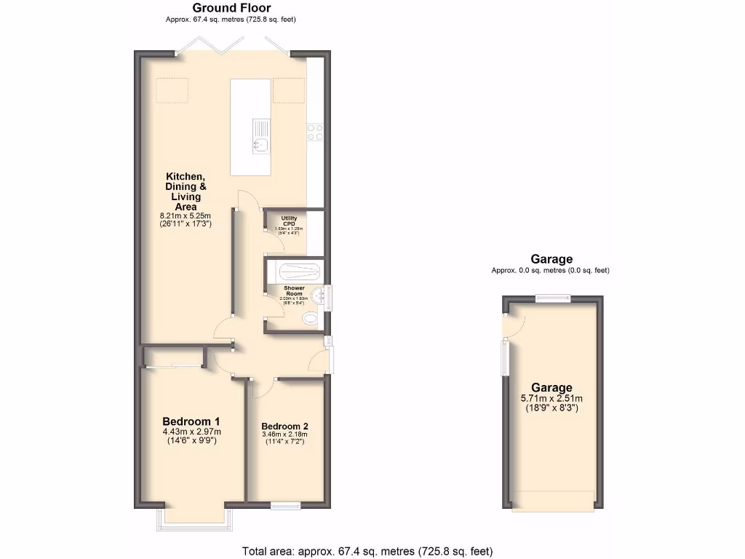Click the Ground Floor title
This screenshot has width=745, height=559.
click(x=231, y=8)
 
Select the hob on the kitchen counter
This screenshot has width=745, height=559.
click(x=316, y=132)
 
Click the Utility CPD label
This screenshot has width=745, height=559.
click(x=289, y=220)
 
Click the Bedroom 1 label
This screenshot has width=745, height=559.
click(x=191, y=421)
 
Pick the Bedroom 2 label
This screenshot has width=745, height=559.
click(x=284, y=427)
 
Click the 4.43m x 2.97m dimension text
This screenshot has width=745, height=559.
click(x=191, y=432)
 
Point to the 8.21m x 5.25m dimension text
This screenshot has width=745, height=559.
click(x=186, y=216)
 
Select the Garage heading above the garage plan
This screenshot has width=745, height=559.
click(x=551, y=259)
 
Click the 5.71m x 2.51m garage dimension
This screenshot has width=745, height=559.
click(x=551, y=398)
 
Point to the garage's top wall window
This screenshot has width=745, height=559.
click(x=554, y=296)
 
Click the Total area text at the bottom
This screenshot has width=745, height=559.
click(x=372, y=551)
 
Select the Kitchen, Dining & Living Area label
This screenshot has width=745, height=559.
click(x=186, y=191)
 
